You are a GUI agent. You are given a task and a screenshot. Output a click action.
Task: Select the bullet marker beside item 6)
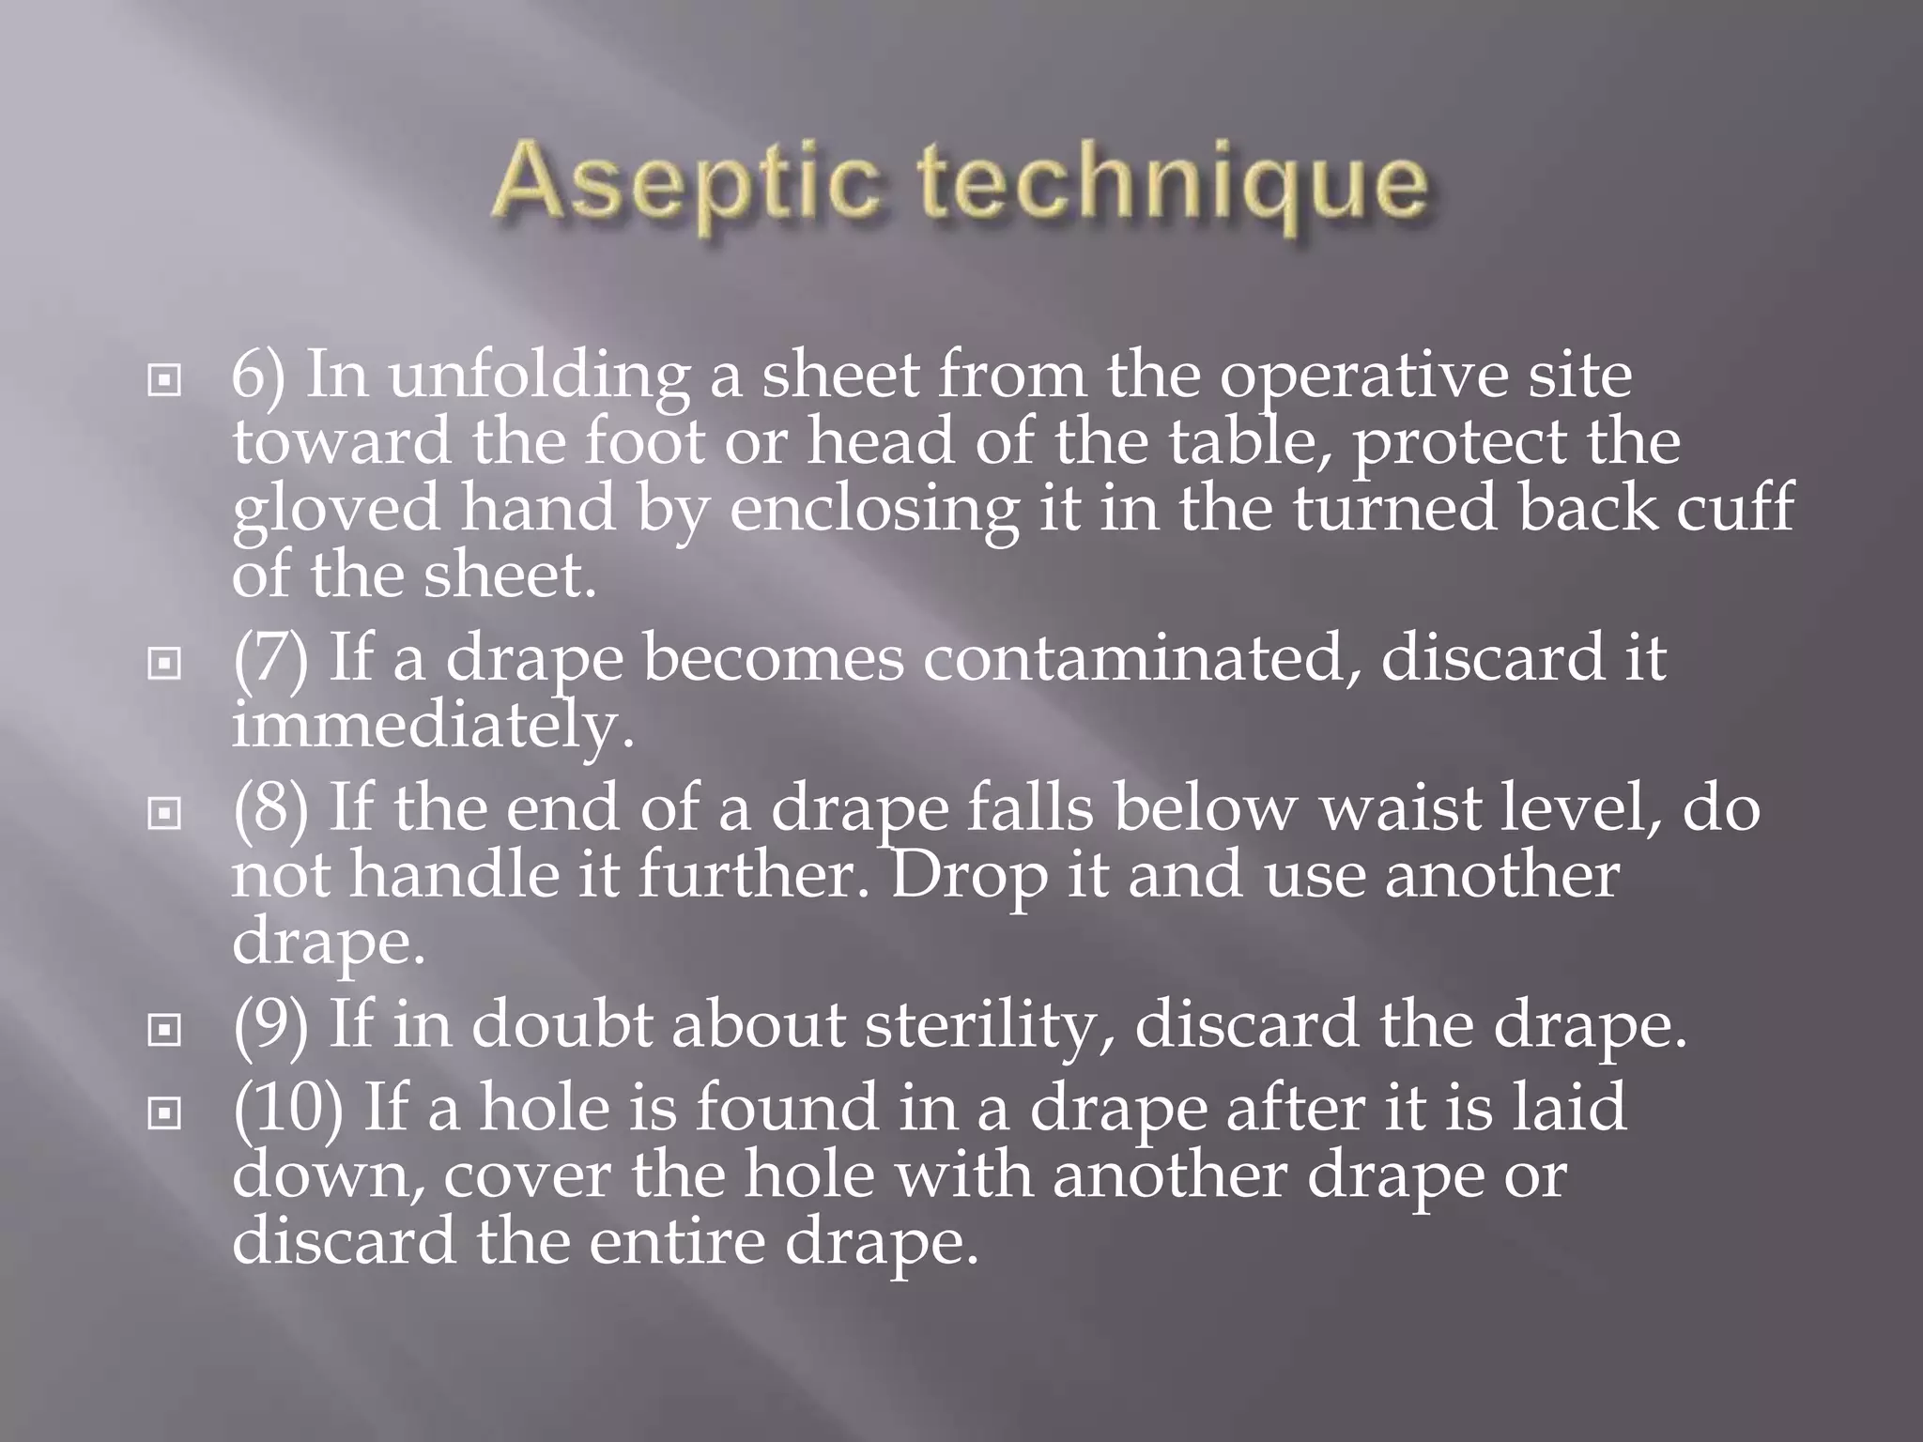pos(164,381)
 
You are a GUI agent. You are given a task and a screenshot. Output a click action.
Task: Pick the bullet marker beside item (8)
pos(164,814)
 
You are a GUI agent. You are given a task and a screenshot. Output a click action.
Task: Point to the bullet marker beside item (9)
pos(164,1031)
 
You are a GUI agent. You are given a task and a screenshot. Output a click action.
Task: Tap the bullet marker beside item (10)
pos(164,1113)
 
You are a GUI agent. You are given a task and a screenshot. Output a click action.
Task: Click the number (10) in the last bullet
pos(288,1108)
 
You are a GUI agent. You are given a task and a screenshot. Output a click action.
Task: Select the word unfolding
pos(539,376)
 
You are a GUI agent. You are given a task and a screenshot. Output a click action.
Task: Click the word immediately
pos(432,727)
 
